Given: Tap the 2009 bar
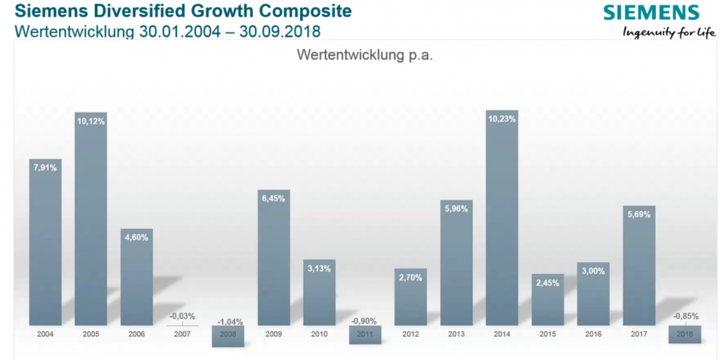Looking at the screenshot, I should coord(274,259).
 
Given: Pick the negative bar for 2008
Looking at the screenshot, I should coord(228,336).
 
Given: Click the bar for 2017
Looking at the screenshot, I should coord(639,266).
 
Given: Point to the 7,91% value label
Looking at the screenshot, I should coord(45,168).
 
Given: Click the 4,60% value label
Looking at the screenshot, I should coord(136,237).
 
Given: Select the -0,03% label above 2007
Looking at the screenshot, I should coord(181,315).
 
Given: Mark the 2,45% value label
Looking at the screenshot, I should coord(547,282).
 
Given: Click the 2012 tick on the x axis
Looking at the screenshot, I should coord(410,333).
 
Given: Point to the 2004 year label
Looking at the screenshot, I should coord(45,333).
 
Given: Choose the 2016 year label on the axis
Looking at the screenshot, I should coord(593,333).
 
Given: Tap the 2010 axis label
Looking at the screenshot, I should coord(319,333).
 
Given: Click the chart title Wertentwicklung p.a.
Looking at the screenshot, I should coord(365,56).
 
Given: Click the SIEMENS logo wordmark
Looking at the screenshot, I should coord(651,13).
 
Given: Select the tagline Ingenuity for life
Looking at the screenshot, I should coord(669,32).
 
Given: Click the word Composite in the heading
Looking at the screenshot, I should coord(302,12).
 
